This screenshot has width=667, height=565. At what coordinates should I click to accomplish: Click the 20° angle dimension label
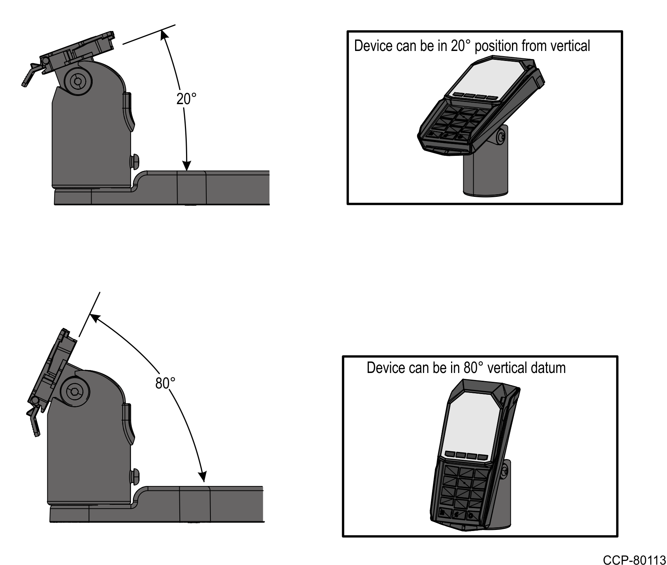186,99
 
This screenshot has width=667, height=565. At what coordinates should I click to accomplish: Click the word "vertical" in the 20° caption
570,46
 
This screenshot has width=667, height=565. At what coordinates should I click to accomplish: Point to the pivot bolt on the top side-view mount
78,81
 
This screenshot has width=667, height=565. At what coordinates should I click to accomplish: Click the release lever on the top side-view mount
30,74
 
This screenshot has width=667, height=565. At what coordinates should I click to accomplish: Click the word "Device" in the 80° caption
384,368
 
